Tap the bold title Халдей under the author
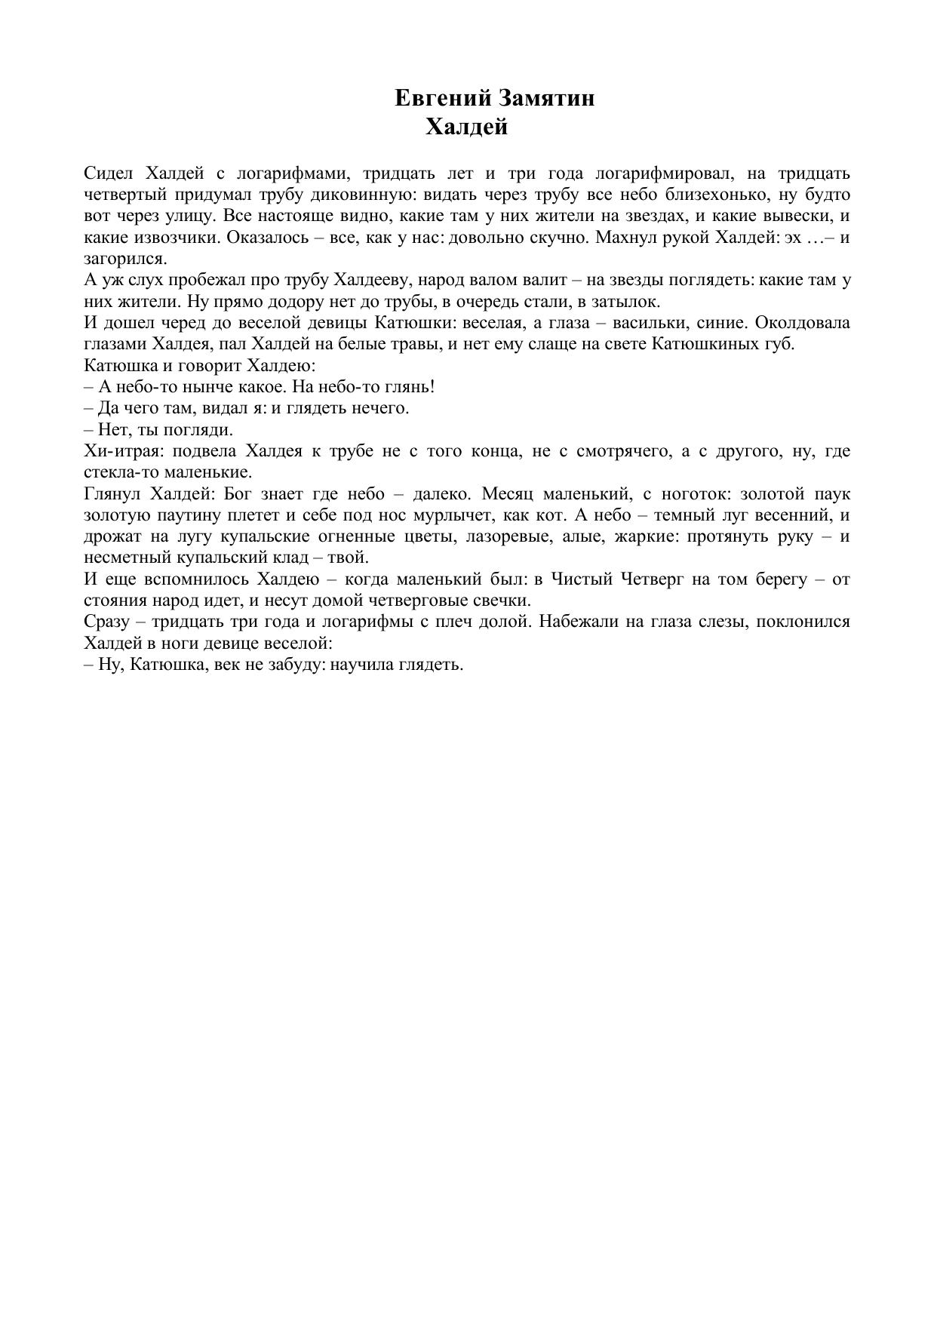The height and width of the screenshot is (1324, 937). [x=466, y=127]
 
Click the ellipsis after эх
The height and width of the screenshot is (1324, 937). [x=817, y=238]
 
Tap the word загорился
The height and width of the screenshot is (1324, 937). [x=125, y=259]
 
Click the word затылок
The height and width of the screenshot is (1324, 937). [x=629, y=302]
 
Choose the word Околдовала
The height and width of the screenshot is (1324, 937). [x=802, y=323]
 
